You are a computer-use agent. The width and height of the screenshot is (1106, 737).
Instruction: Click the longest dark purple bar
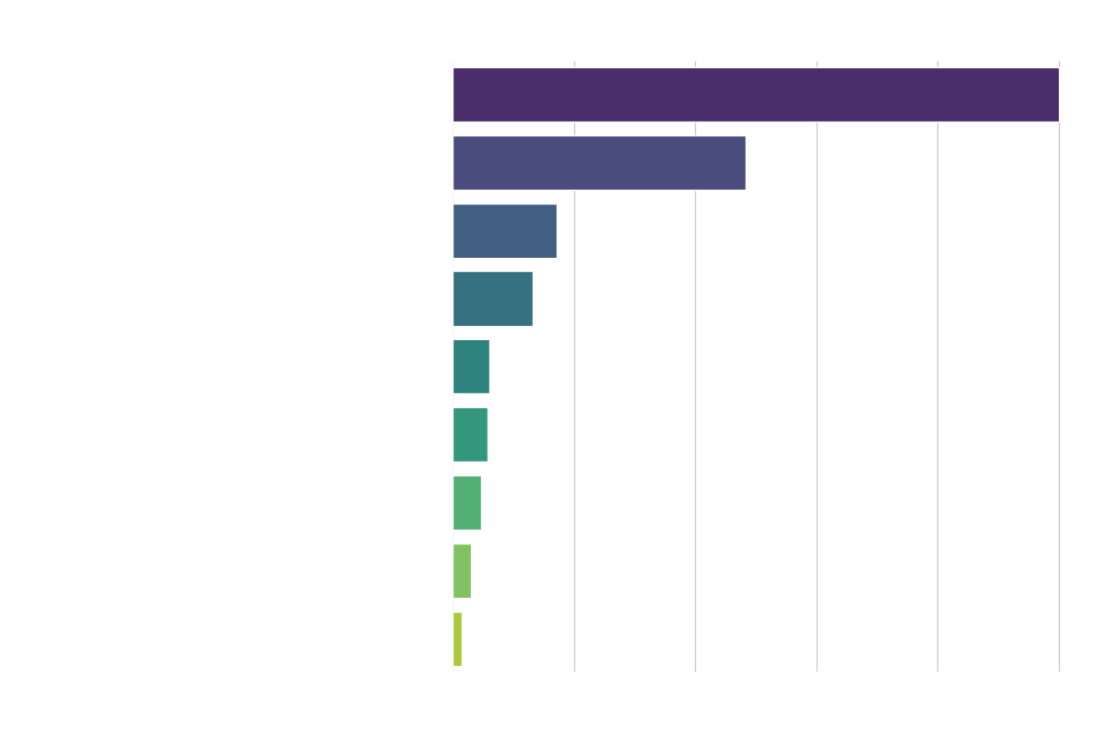[x=756, y=94]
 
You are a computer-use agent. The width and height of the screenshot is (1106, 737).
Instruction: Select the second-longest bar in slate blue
[x=599, y=162]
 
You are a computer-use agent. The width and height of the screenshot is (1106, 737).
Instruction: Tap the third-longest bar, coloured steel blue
[x=504, y=230]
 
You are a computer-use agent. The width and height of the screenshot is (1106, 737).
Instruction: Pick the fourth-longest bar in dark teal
[x=492, y=298]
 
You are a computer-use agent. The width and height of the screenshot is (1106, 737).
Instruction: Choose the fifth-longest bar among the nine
[x=471, y=367]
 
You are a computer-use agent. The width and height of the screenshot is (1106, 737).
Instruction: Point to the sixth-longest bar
[x=470, y=435]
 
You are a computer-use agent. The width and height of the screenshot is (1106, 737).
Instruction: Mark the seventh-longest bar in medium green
[x=466, y=503]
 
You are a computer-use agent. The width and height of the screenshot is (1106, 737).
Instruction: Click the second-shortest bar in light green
[x=462, y=571]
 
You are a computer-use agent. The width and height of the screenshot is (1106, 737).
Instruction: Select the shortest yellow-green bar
[x=457, y=639]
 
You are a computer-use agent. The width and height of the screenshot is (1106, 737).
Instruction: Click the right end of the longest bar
[x=1058, y=94]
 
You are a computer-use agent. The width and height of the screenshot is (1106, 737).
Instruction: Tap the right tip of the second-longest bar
[x=745, y=162]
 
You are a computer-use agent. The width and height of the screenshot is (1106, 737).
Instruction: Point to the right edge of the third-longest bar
[x=556, y=230]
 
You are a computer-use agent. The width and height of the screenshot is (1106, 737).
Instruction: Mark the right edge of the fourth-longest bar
[x=532, y=298]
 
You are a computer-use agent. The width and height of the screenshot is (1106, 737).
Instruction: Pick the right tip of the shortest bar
[x=461, y=639]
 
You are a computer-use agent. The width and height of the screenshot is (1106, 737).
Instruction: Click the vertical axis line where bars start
[x=453, y=682]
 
